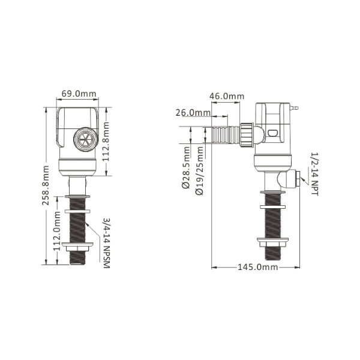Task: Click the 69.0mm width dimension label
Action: point(79,94)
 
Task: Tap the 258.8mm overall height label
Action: point(46,185)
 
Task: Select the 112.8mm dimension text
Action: point(106,142)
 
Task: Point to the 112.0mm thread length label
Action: point(56,231)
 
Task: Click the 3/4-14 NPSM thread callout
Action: point(107,243)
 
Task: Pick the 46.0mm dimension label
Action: point(227,96)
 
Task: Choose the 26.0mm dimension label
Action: point(193,113)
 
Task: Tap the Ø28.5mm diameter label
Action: point(186,167)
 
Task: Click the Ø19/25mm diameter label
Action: point(200,171)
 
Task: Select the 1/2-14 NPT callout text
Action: point(314,174)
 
